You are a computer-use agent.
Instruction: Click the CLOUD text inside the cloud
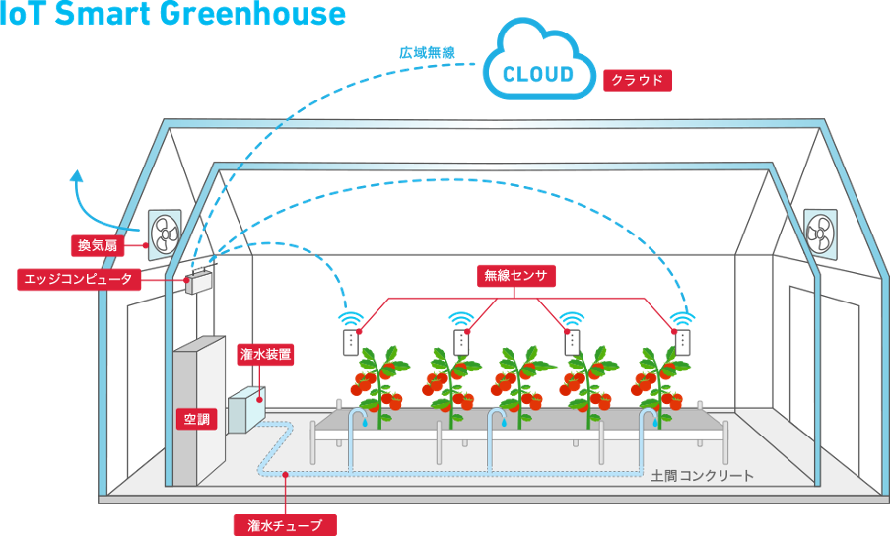click(x=538, y=74)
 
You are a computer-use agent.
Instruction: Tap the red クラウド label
click(x=638, y=80)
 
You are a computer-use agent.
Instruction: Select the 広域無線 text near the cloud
click(x=427, y=52)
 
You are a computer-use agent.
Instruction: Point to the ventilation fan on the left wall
click(x=166, y=234)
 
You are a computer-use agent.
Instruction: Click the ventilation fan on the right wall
click(x=820, y=232)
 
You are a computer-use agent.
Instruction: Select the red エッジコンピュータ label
click(x=81, y=280)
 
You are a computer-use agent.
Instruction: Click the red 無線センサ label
click(x=515, y=276)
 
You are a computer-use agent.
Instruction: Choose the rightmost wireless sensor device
click(x=682, y=341)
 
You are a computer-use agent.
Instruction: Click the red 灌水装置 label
click(x=265, y=353)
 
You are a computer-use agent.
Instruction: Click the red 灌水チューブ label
click(x=285, y=525)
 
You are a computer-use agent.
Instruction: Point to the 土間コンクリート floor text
click(x=702, y=476)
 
